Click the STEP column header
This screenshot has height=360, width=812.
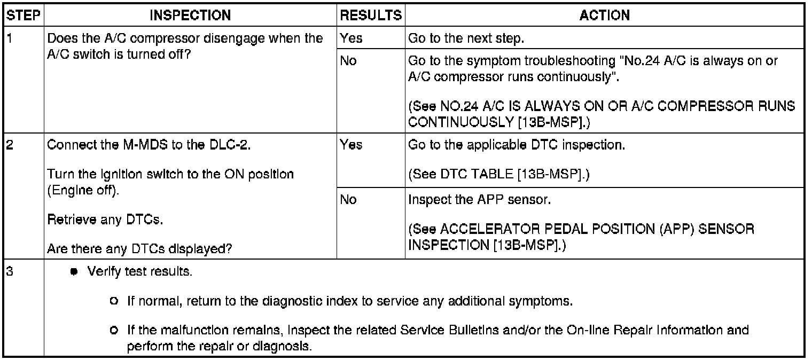23,15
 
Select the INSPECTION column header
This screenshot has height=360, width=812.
191,15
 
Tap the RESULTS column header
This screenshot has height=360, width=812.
371,15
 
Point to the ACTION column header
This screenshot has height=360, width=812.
604,15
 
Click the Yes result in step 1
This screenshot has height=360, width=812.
350,38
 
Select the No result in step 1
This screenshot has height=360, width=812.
348,61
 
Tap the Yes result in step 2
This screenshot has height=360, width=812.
350,145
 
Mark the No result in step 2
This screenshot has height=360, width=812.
348,200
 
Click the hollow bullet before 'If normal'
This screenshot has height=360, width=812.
113,301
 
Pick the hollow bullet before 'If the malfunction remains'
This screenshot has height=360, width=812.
113,331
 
